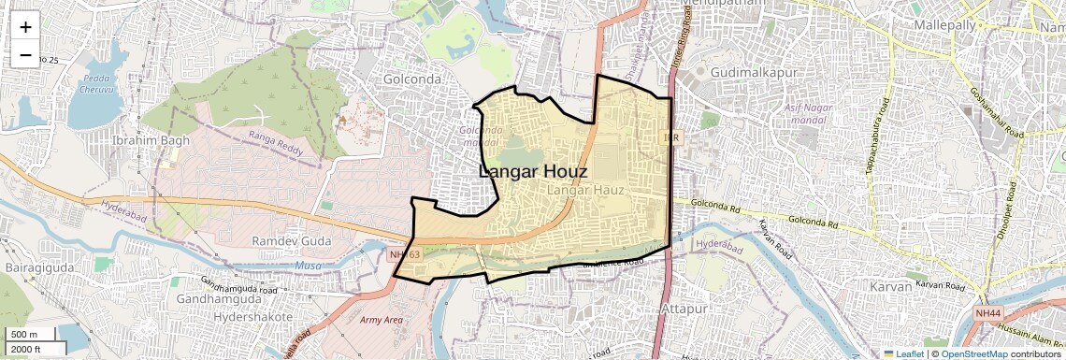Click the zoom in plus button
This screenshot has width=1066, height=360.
[25, 27]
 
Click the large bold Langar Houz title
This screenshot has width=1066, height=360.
[533, 172]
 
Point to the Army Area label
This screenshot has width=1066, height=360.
[382, 320]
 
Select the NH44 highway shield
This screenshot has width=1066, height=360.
[988, 312]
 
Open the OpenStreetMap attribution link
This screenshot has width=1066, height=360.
[973, 353]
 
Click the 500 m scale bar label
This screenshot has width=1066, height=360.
[25, 335]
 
